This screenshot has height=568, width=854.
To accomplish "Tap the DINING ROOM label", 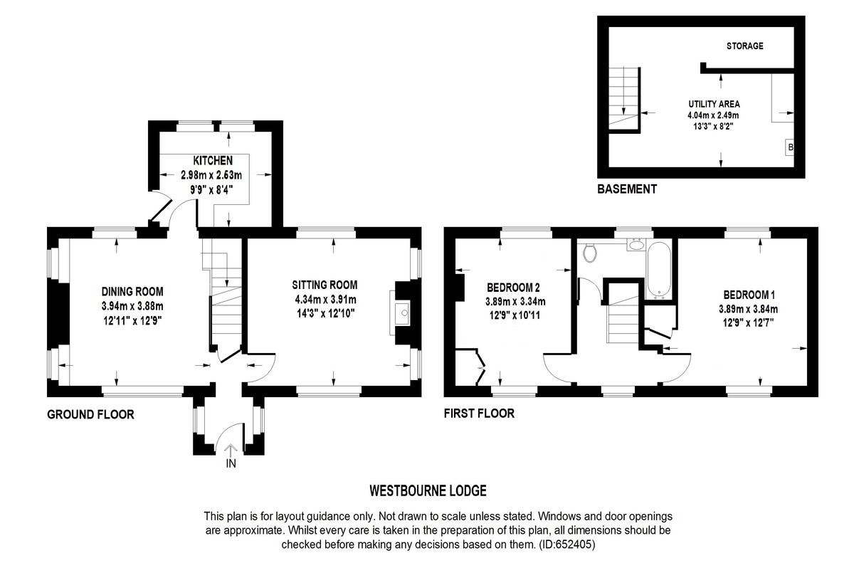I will (x=132, y=291).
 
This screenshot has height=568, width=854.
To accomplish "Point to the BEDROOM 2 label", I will (x=513, y=288).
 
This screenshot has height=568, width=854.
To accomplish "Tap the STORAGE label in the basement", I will (x=744, y=46).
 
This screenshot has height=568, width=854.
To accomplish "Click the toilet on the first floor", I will (x=589, y=251).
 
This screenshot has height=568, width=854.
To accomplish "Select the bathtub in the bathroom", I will (x=658, y=271).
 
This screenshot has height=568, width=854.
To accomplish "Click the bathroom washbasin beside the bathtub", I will (x=636, y=245).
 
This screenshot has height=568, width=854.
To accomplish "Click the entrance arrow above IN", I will (x=231, y=449).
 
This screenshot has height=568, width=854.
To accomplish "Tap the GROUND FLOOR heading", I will (x=90, y=414).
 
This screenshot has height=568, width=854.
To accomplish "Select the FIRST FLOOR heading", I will (x=478, y=414).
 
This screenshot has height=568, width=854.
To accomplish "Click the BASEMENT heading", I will (x=626, y=189).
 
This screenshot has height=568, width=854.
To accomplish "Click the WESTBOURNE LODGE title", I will (x=428, y=490).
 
